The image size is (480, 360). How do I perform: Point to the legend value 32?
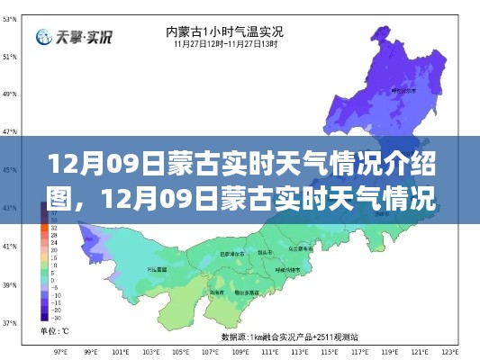click(55, 229)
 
